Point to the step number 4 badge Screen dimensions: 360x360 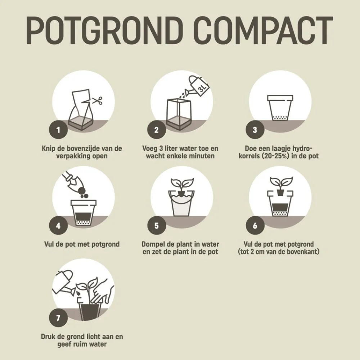click(58, 226)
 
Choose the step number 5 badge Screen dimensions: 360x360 click(157, 226)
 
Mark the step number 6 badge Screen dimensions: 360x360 click(255, 226)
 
